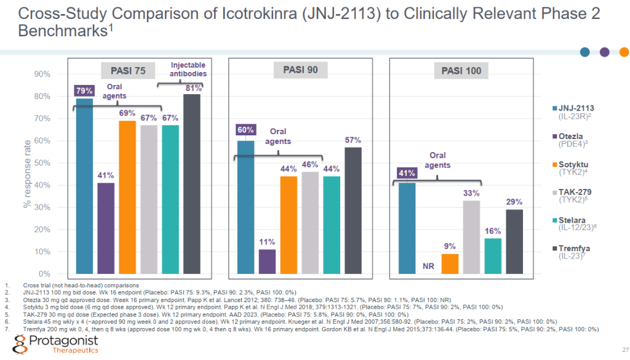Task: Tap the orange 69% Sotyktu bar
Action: coord(127,197)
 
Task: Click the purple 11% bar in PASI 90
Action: coord(267,261)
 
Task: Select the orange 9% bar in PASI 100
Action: coord(450,263)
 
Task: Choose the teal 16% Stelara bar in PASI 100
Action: coord(493,255)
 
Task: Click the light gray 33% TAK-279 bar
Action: coord(471,237)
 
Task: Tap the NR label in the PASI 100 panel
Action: coord(428,267)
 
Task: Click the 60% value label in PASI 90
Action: coord(245,130)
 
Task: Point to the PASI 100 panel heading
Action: coord(461,71)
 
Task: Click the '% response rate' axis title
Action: coord(27,176)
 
